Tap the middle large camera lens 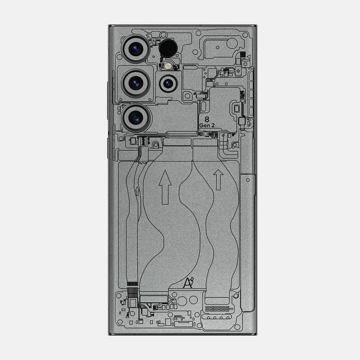tap(135, 82)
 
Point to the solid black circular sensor tap(168, 47)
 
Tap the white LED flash tap(169, 66)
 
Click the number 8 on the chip tap(207, 119)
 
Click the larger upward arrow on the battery tap(165, 184)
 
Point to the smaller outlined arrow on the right tap(218, 179)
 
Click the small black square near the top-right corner tap(243, 55)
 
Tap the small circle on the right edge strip tap(247, 180)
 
